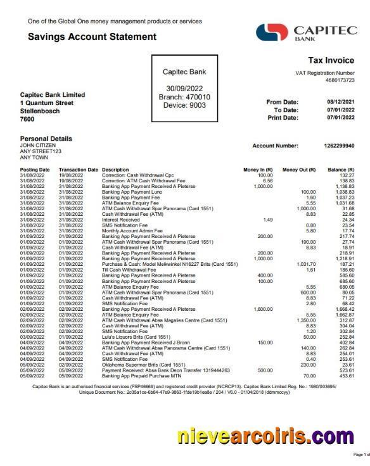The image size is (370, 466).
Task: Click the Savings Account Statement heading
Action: tap(92, 37)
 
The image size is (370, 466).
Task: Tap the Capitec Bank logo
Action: tap(307, 33)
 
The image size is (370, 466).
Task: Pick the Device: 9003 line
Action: tap(184, 105)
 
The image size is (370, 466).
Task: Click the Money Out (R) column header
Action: tap(299, 170)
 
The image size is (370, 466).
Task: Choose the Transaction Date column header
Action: tap(79, 170)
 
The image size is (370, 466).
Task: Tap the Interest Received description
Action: tap(121, 219)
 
